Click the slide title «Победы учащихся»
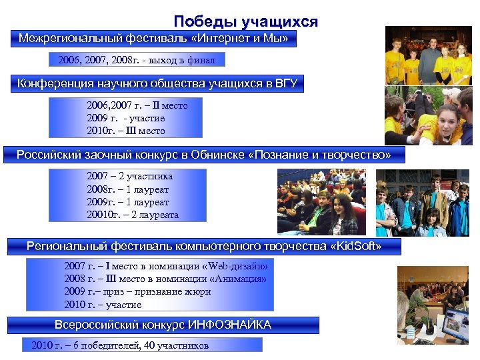[245, 21]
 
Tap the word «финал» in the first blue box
[201, 61]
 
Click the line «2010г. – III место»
[125, 131]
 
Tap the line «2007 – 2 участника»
[129, 177]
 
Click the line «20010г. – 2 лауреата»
[133, 215]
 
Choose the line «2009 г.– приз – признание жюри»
[137, 291]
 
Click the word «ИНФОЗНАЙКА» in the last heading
[230, 325]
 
